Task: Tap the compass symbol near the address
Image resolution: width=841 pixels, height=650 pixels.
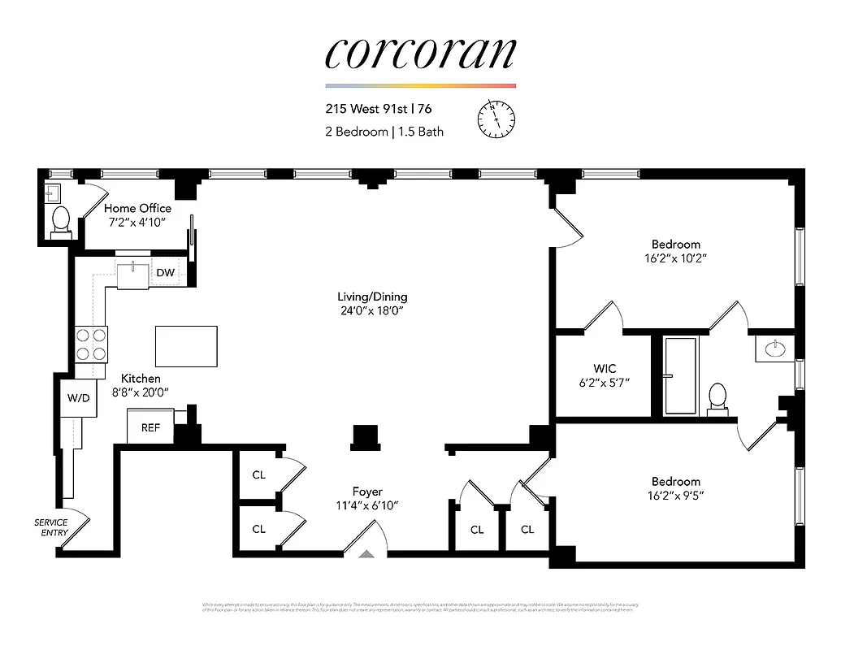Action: (x=496, y=119)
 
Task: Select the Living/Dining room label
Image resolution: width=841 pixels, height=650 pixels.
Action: (x=372, y=297)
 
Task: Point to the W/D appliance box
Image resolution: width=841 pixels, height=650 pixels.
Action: (x=79, y=399)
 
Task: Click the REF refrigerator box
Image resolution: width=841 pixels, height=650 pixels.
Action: (x=150, y=427)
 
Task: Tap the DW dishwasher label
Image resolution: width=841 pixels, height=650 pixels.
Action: (x=165, y=273)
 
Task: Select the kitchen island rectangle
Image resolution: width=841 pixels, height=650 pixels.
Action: (x=186, y=346)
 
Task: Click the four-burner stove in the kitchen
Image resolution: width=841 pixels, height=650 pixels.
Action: (x=91, y=344)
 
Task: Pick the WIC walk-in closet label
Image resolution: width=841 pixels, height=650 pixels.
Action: (x=605, y=369)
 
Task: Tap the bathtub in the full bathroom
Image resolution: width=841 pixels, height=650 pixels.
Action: (x=680, y=375)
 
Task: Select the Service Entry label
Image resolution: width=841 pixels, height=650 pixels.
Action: (x=51, y=527)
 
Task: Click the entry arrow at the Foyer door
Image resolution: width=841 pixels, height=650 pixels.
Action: (x=366, y=554)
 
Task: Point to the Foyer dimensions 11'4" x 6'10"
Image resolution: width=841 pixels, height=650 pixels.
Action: (x=367, y=505)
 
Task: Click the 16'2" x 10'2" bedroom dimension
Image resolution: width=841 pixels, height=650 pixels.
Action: (x=675, y=258)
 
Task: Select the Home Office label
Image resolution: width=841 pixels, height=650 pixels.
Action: (x=137, y=208)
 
